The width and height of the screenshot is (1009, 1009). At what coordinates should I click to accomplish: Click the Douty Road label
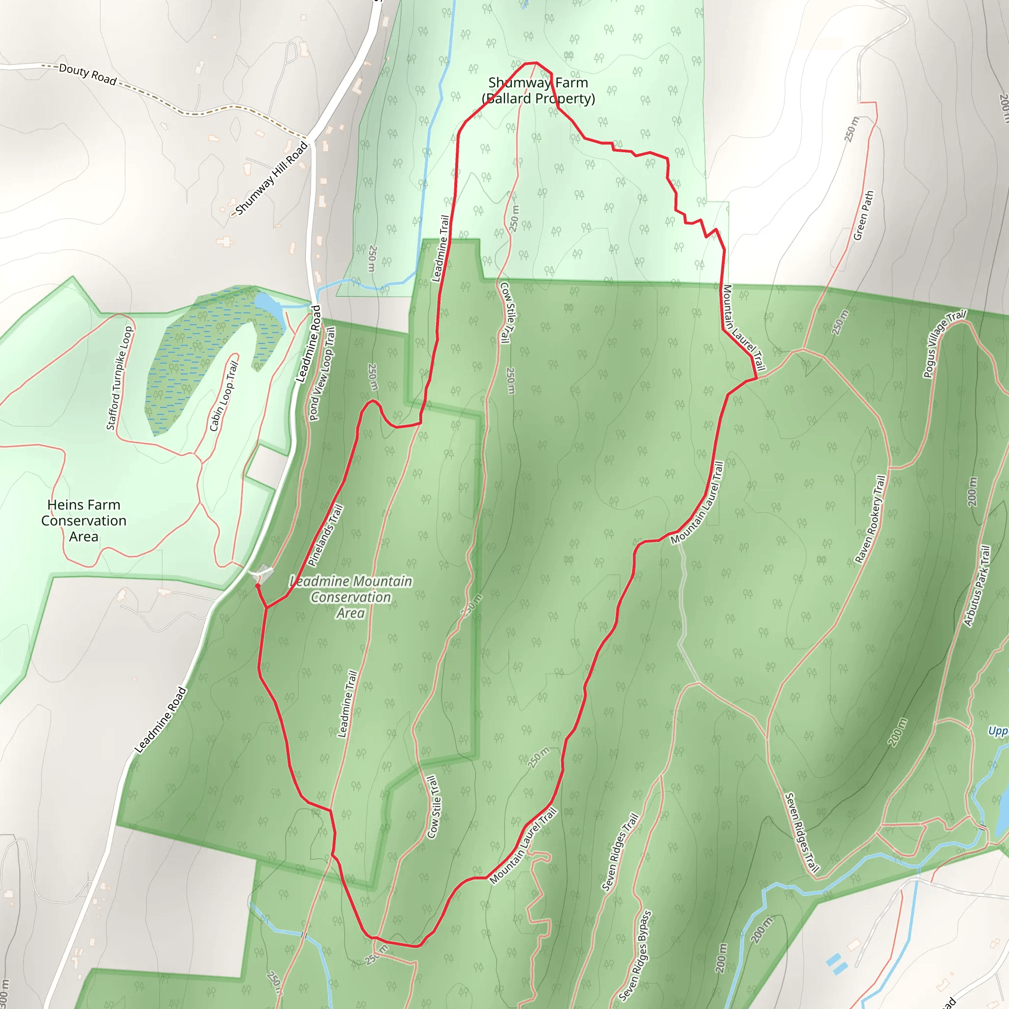87,74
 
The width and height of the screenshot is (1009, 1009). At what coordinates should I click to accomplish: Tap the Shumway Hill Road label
271,179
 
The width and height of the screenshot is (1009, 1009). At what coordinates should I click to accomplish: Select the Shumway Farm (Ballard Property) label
538,90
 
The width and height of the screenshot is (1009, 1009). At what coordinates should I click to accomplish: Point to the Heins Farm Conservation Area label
84,520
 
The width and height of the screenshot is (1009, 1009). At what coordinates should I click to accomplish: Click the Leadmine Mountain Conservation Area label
351,597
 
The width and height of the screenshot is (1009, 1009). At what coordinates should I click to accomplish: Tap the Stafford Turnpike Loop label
120,378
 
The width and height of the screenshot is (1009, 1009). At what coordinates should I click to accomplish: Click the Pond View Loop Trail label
322,373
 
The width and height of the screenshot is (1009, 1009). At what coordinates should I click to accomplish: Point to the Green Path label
863,215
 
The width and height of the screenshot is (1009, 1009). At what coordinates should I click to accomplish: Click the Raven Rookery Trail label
870,519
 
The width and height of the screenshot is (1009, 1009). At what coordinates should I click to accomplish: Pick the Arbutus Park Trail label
977,586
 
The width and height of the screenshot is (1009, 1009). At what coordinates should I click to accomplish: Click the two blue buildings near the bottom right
836,964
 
